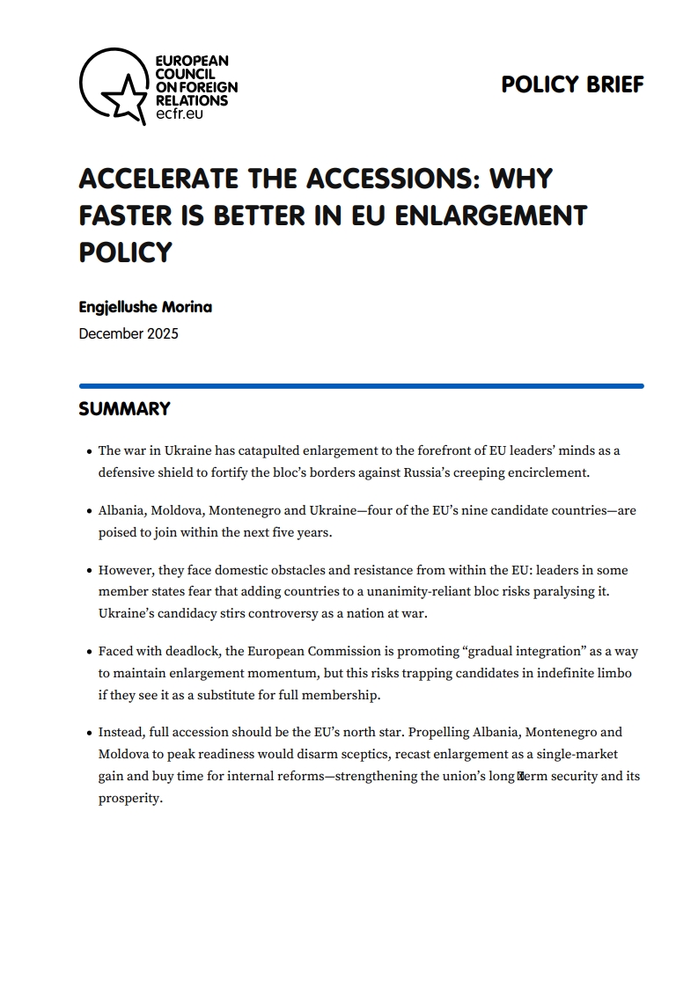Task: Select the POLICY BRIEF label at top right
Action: point(572,84)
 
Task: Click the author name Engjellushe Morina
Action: point(145,307)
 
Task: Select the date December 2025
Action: point(129,333)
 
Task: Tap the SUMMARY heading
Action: point(124,409)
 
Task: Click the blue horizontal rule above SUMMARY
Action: point(361,385)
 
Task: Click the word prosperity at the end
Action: point(129,799)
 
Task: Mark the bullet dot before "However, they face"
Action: point(90,571)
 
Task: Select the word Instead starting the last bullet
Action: point(121,732)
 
